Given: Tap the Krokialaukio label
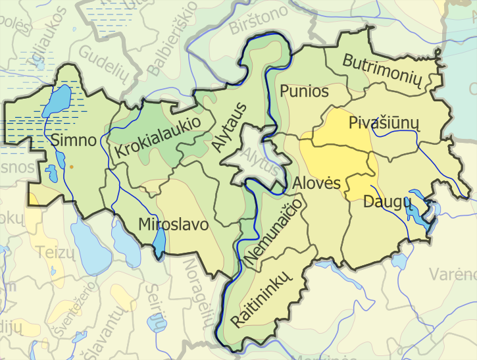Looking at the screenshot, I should (157, 137).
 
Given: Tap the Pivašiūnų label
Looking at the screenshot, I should (384, 123).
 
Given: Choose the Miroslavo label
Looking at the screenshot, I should (174, 224).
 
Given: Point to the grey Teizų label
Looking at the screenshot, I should (51, 251).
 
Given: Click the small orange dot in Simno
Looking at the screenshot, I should (71, 168).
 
